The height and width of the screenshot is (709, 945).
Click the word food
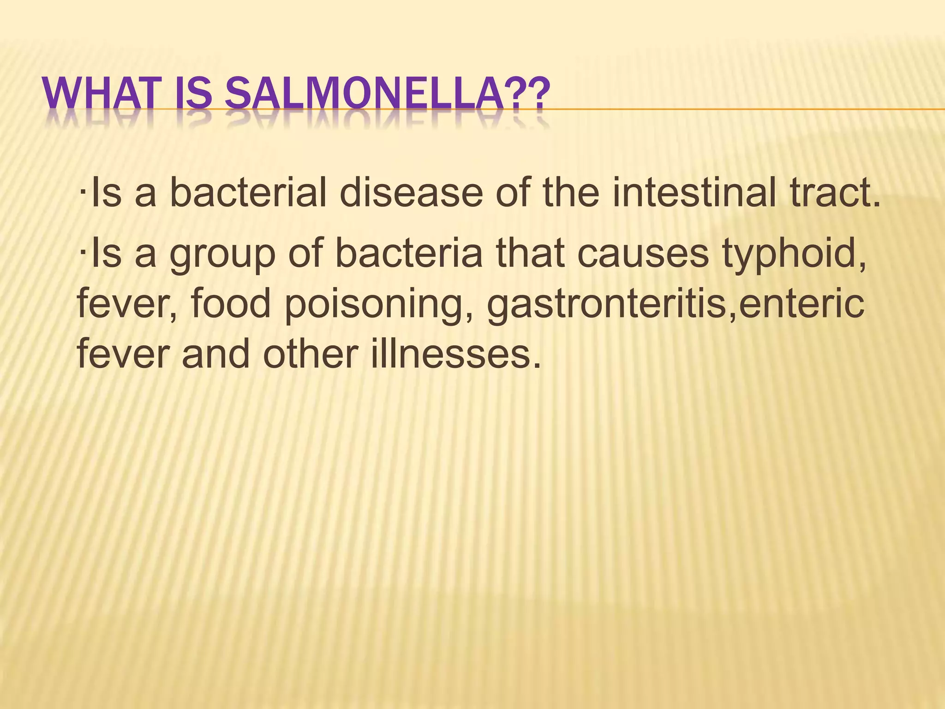point(230,303)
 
